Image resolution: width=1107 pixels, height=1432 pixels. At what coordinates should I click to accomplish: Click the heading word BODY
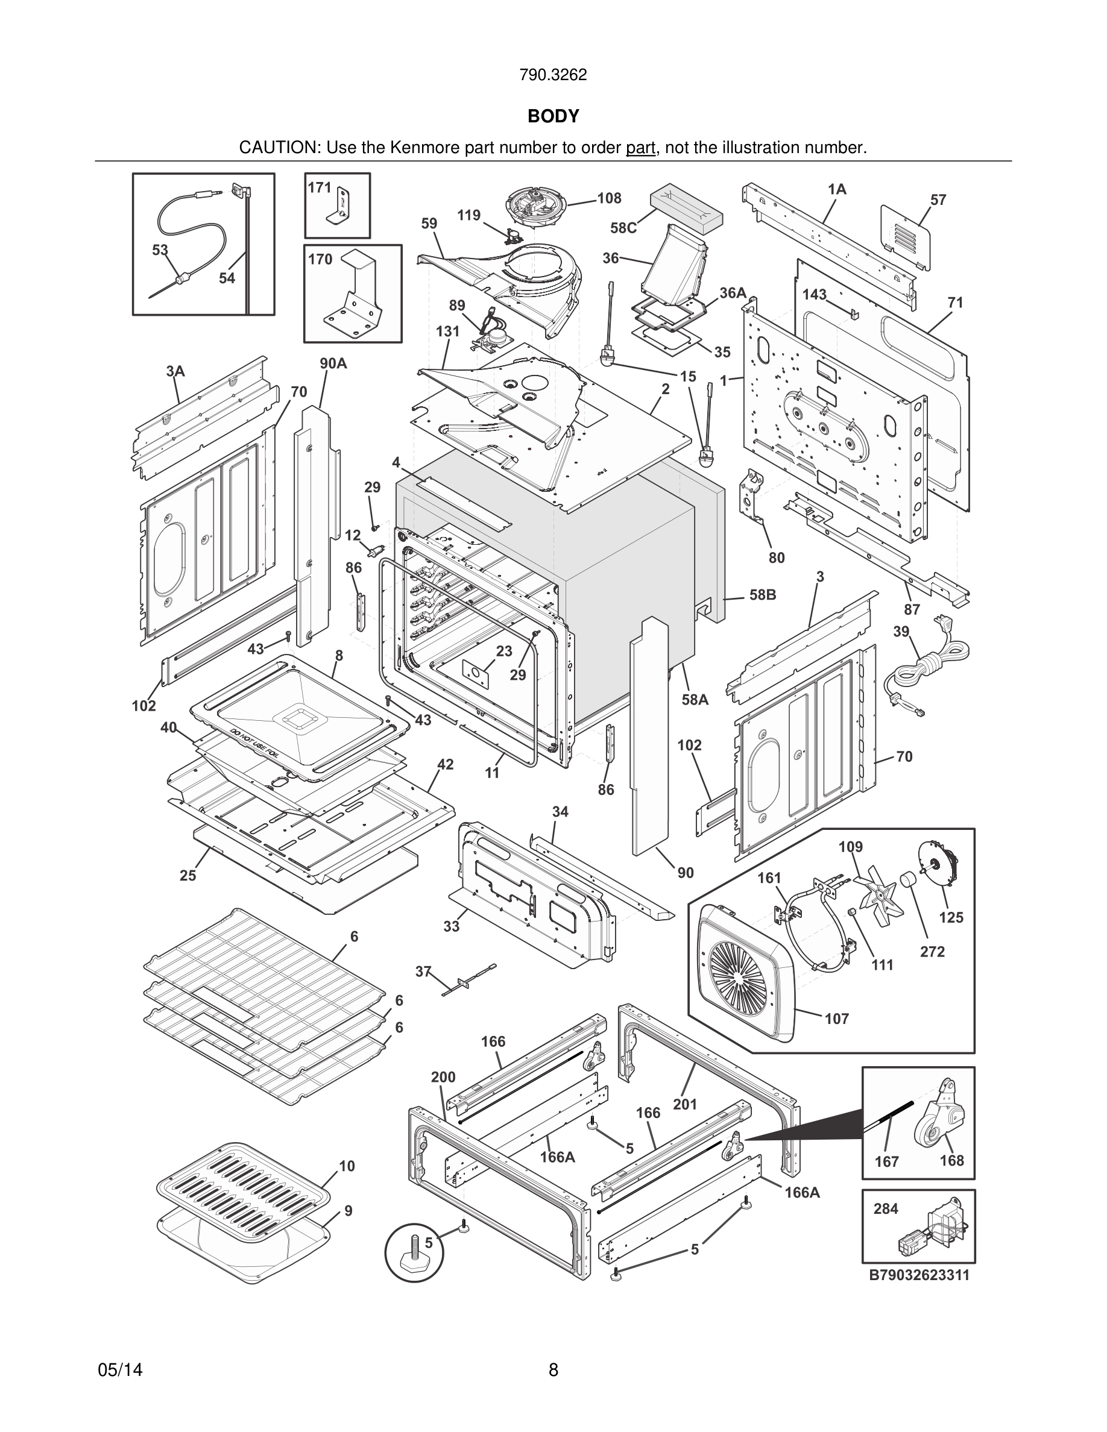click(x=553, y=116)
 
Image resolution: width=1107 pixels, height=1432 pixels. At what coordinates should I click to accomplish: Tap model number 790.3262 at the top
click(x=553, y=75)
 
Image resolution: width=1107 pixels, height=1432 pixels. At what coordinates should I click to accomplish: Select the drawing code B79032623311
click(x=919, y=1275)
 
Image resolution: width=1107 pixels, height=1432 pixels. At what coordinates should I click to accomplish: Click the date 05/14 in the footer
click(x=120, y=1370)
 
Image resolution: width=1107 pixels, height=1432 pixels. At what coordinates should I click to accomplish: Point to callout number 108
click(x=609, y=198)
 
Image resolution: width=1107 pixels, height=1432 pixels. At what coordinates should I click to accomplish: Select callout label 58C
click(x=623, y=228)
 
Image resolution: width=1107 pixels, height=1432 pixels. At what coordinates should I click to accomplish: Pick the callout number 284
click(x=885, y=1208)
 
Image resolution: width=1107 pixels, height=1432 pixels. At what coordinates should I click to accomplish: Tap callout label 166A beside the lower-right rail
click(x=801, y=1192)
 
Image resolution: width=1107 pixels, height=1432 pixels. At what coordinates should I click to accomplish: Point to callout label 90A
click(x=333, y=363)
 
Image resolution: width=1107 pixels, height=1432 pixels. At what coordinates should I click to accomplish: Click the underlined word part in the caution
click(x=640, y=148)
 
